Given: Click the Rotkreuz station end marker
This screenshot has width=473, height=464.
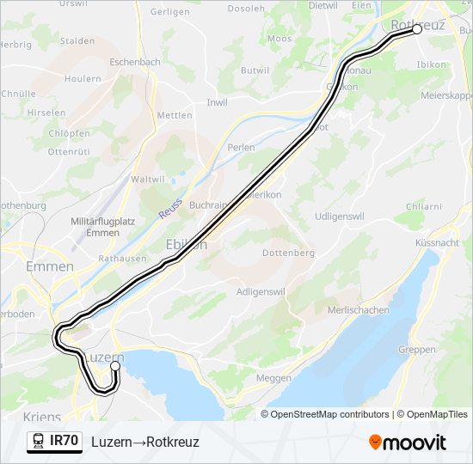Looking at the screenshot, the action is tap(417, 29).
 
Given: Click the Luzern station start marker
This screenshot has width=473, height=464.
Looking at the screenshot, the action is tap(114, 366).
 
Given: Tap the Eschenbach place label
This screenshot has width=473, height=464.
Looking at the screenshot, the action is tap(135, 63).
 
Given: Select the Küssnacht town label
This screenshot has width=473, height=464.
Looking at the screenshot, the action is tap(436, 243).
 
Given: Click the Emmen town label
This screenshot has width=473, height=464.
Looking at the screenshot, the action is tap(49, 267).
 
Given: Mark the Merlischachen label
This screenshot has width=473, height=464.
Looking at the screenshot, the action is tap(359, 310).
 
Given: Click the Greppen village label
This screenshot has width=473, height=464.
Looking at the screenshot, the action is tap(418, 350).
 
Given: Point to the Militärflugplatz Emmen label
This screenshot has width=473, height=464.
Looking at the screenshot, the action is tap(104, 227).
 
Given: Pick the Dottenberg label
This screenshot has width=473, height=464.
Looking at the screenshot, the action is tap(288, 253).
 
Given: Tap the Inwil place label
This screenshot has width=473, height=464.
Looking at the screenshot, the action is tap(217, 102).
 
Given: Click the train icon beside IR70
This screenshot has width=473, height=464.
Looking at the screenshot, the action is tap(38, 442).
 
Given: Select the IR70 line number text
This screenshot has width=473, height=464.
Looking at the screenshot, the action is tap(65, 442).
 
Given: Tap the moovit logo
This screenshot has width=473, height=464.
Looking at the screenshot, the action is tap(408, 443).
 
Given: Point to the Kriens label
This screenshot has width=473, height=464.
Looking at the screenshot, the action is tap(42, 417).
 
